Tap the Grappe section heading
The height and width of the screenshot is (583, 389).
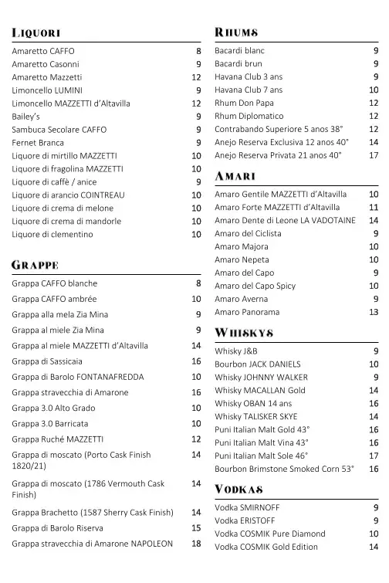36,266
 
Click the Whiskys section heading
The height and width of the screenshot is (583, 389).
245,333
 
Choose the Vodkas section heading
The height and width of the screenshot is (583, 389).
240,490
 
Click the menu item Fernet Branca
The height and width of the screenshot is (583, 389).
39,143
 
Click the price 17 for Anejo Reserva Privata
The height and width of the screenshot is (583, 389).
374,155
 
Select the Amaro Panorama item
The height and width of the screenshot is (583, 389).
247,312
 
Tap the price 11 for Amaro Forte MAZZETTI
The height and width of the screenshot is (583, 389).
374,208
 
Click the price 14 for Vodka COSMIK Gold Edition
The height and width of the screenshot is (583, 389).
374,547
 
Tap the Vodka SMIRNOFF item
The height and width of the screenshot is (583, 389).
247,507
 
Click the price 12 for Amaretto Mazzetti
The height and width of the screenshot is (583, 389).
196,77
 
